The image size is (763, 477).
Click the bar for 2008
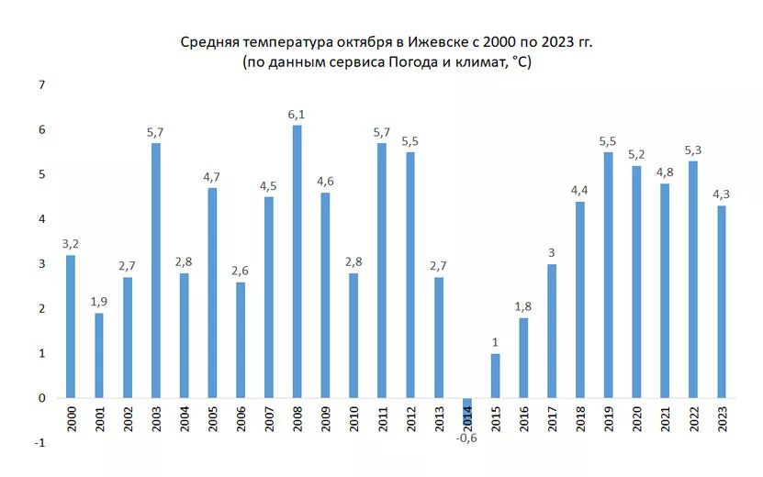[297, 261]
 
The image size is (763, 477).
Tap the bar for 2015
[495, 376]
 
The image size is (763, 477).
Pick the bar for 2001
[99, 356]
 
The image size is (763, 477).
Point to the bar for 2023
[721, 302]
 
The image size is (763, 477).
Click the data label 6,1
[297, 115]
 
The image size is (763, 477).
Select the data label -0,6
[467, 436]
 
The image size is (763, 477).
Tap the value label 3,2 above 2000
[71, 245]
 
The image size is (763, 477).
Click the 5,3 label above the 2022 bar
[693, 150]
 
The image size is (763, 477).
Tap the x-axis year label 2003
[156, 419]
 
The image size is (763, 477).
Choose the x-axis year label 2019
[609, 419]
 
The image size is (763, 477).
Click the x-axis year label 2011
[382, 419]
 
